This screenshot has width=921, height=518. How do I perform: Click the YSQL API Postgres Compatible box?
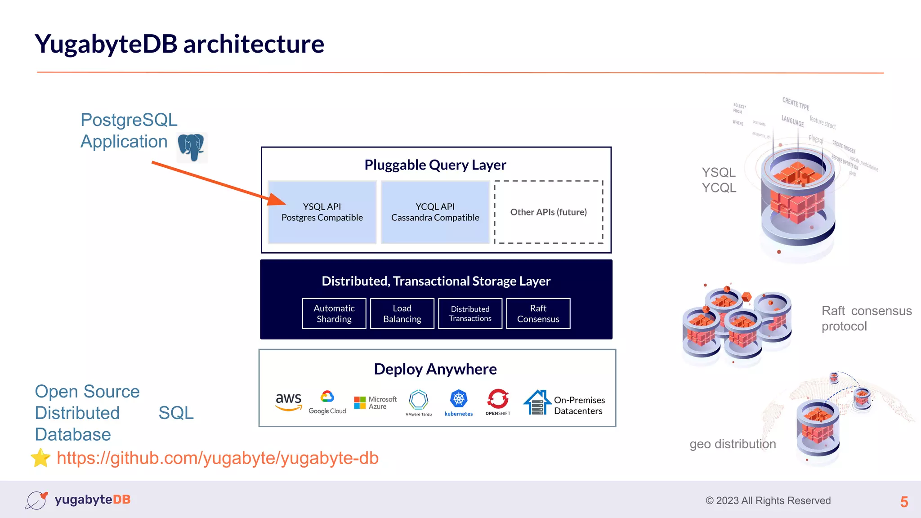[322, 212]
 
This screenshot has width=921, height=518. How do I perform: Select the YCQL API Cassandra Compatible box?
[435, 212]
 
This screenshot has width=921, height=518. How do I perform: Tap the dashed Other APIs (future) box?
[548, 212]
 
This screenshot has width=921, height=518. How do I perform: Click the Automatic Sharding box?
[334, 314]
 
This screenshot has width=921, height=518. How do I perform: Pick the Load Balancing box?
[402, 314]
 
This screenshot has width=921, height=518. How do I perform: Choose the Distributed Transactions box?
[470, 314]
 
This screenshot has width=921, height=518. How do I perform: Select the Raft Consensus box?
[538, 314]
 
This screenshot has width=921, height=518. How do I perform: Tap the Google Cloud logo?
[327, 402]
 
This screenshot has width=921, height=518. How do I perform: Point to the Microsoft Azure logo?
[375, 403]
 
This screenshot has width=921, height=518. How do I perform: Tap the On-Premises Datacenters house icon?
[537, 402]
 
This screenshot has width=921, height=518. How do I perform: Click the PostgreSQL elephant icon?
[191, 147]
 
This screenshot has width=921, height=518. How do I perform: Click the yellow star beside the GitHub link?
[41, 458]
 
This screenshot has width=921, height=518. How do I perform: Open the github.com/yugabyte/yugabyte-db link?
[218, 458]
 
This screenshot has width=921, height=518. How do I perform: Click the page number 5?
[904, 502]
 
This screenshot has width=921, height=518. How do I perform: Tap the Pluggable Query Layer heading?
[435, 165]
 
